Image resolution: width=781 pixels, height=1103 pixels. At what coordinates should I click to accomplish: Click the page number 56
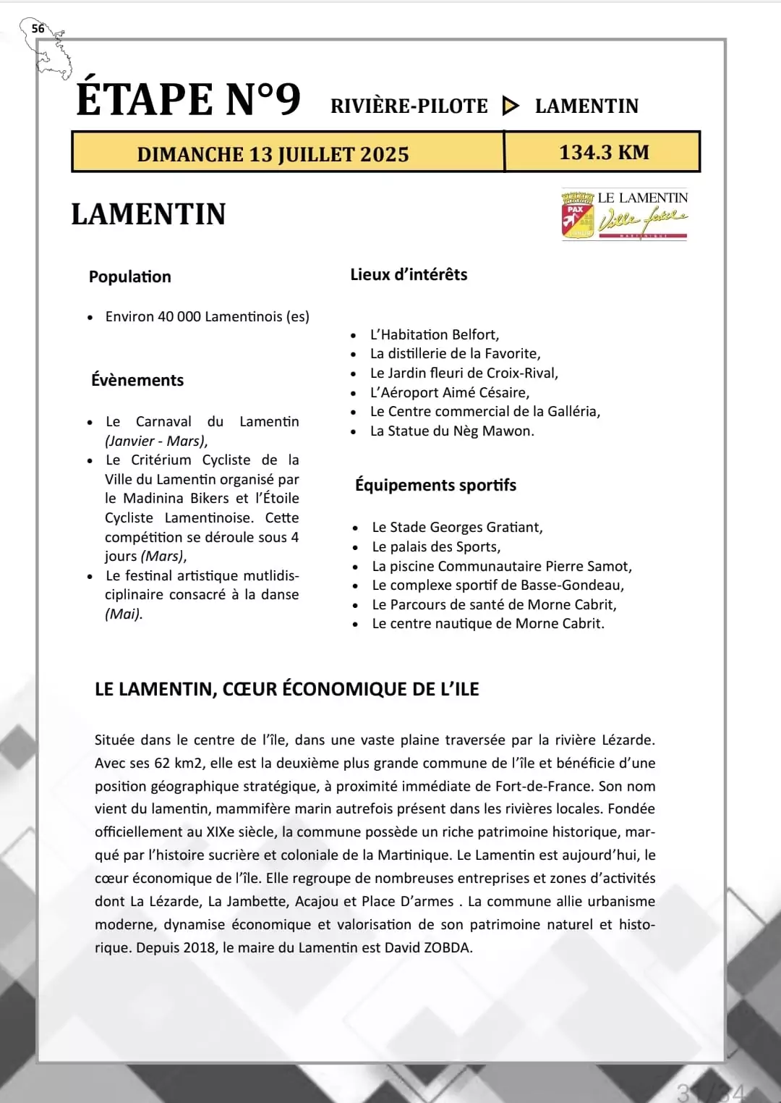38,29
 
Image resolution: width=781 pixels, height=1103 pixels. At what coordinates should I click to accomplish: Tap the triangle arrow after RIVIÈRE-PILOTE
511,106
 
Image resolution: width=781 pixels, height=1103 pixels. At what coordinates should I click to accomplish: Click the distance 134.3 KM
604,152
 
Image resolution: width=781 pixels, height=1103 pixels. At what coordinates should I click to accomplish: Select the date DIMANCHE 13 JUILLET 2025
273,154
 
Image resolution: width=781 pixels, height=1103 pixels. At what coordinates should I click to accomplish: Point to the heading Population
130,276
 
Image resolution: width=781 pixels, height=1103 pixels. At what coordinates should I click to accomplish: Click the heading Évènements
137,380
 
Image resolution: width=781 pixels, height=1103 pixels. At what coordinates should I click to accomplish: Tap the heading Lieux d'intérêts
409,274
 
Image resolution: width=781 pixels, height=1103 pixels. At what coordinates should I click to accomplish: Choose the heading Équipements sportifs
435,485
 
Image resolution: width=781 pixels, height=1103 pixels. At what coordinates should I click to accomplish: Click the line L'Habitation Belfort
435,334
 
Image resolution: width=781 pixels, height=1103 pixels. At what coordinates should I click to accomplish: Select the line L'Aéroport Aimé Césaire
450,392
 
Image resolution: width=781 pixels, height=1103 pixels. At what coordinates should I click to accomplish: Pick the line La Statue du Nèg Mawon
452,431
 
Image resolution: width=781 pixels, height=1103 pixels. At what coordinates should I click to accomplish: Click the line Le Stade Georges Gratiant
457,527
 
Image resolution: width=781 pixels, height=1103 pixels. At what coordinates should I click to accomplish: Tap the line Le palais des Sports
436,546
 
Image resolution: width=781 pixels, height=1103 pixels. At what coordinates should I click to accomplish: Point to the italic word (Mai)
124,614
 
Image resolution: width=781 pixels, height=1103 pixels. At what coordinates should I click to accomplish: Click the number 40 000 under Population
179,316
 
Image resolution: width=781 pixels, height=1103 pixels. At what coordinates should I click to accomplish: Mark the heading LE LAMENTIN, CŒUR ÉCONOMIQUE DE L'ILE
287,689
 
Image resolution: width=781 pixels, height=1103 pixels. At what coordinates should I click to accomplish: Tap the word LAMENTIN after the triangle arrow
586,106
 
